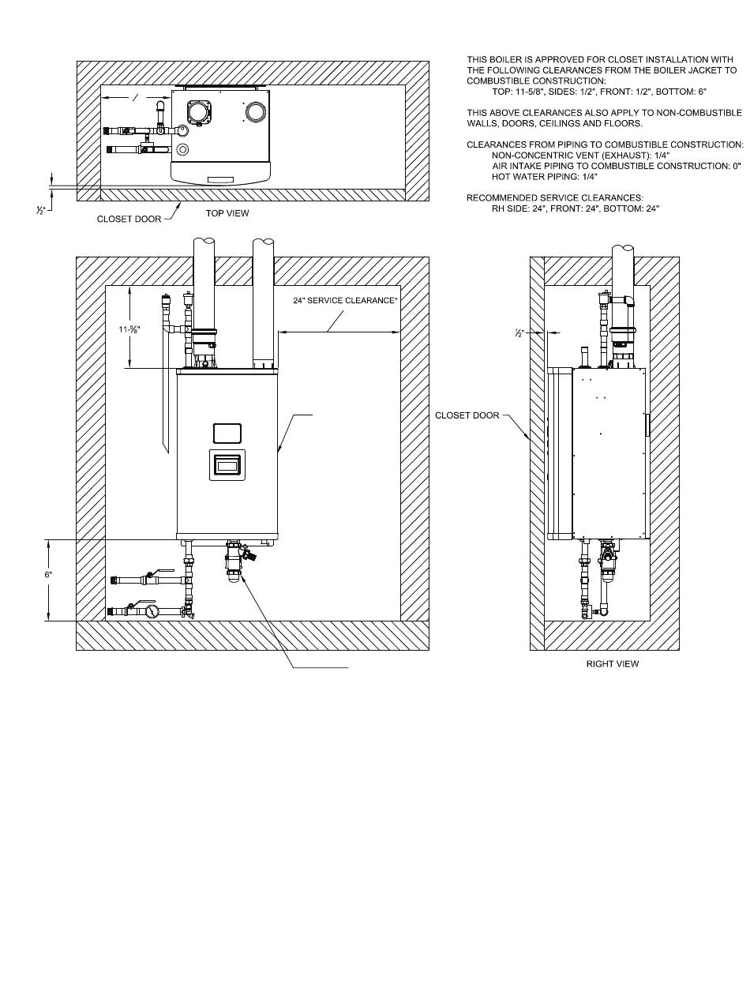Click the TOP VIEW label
227,213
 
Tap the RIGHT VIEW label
612,664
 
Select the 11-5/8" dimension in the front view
129,329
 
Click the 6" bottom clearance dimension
48,574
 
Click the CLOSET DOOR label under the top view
129,219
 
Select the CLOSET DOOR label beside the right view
467,415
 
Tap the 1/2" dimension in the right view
519,333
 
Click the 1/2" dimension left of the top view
41,210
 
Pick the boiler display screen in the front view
227,465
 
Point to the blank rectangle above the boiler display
227,433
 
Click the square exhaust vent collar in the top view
198,111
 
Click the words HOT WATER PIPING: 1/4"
545,177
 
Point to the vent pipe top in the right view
623,248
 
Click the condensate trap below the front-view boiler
234,561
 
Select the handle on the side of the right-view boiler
647,424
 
